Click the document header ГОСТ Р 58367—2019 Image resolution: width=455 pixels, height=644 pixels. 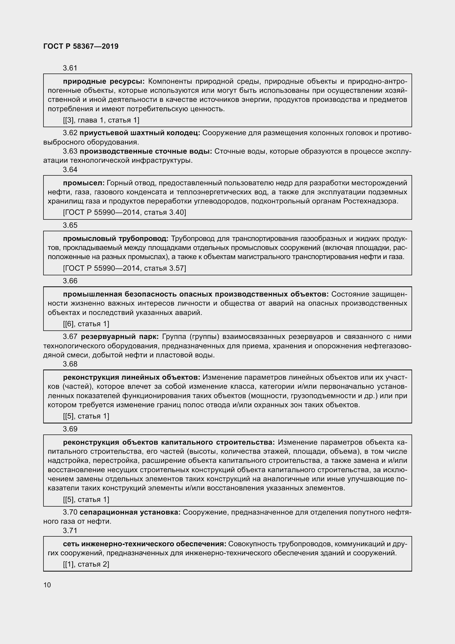coord(81,46)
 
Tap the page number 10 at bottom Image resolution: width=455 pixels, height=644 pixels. coord(47,585)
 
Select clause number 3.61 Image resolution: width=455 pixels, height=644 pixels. coord(70,68)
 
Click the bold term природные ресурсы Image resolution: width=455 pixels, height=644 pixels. coord(104,81)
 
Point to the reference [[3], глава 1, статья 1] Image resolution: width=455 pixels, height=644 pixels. coord(101,120)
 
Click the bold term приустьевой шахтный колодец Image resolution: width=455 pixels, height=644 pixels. coord(140,133)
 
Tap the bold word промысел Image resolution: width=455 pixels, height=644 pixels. coord(84,183)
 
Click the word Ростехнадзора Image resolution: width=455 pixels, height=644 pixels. coord(371,201)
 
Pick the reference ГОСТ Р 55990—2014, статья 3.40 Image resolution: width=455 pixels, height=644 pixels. coord(124,212)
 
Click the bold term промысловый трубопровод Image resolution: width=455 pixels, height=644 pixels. coord(116,239)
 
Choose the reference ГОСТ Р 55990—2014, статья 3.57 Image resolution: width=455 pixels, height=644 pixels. coord(124,268)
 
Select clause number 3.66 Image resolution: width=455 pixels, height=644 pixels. coord(70,281)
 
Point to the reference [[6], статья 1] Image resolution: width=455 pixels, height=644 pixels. coord(86,324)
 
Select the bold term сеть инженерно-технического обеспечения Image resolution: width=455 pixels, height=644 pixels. coord(145,544)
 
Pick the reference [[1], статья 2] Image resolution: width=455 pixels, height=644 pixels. coord(86,564)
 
